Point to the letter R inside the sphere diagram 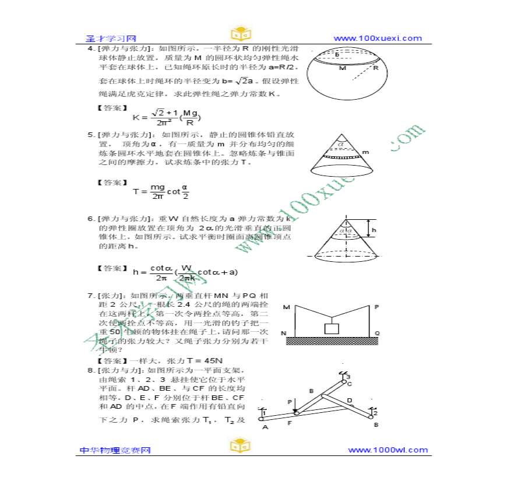(x=376, y=68)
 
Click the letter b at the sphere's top (x=337, y=55)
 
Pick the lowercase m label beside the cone (x=366, y=153)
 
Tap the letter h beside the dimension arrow (x=374, y=230)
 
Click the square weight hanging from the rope (x=332, y=328)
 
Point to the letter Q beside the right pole (x=377, y=334)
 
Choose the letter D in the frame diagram (x=350, y=401)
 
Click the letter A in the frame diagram (x=265, y=427)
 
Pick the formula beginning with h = (x=185, y=272)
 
